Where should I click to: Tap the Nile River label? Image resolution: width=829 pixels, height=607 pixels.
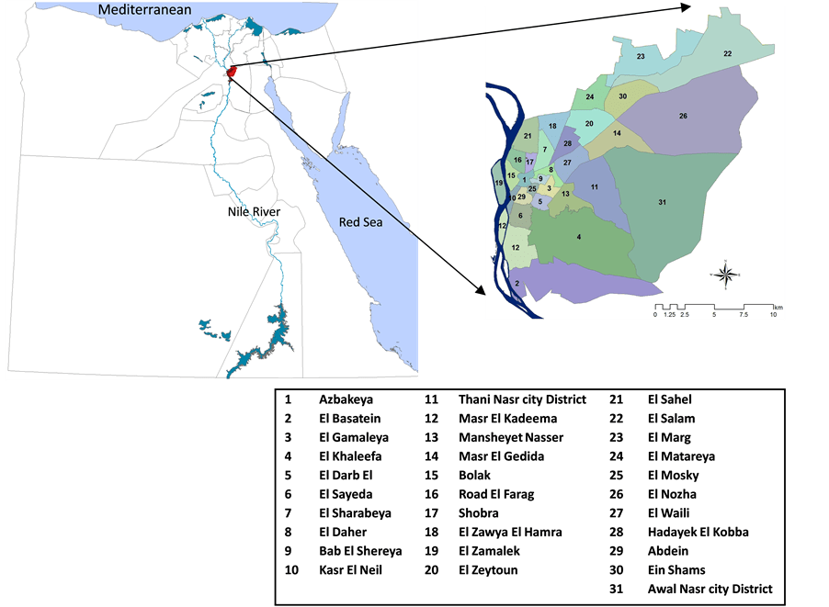(x=255, y=212)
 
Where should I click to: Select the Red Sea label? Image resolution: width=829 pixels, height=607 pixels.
(x=360, y=221)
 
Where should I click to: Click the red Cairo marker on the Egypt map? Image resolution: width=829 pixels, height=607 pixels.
(x=231, y=71)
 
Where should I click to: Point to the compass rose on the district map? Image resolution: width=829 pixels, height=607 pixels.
(x=725, y=273)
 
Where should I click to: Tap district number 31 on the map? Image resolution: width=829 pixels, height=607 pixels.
(x=662, y=202)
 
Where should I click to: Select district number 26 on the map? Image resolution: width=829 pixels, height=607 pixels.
(x=683, y=116)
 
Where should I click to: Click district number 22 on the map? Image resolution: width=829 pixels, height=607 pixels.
(x=727, y=54)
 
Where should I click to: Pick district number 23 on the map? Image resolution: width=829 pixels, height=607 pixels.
(x=641, y=58)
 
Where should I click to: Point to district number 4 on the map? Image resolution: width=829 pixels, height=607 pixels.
(x=578, y=237)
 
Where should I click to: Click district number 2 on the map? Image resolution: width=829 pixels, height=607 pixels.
(x=517, y=284)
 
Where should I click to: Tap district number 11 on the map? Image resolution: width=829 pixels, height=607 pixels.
(x=595, y=186)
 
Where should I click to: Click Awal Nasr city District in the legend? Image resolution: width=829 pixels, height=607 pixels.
(x=710, y=589)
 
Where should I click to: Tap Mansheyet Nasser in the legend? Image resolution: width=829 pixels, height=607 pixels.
(x=511, y=438)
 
